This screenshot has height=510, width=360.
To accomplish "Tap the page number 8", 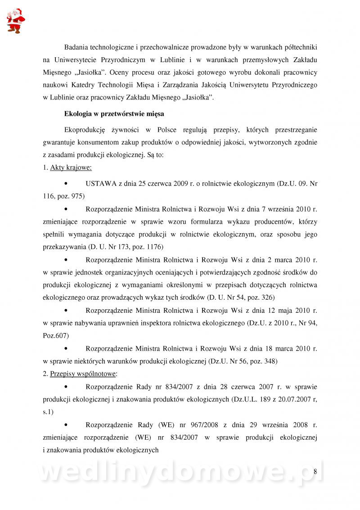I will (315, 471).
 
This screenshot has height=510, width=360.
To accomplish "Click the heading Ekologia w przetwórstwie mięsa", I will (114, 114).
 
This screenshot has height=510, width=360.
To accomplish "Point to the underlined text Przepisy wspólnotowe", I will (83, 373).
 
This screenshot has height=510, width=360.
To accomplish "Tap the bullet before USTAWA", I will (67, 183).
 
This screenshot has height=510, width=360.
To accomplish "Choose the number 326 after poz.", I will (266, 298).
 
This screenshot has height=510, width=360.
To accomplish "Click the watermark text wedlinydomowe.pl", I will (180, 473).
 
